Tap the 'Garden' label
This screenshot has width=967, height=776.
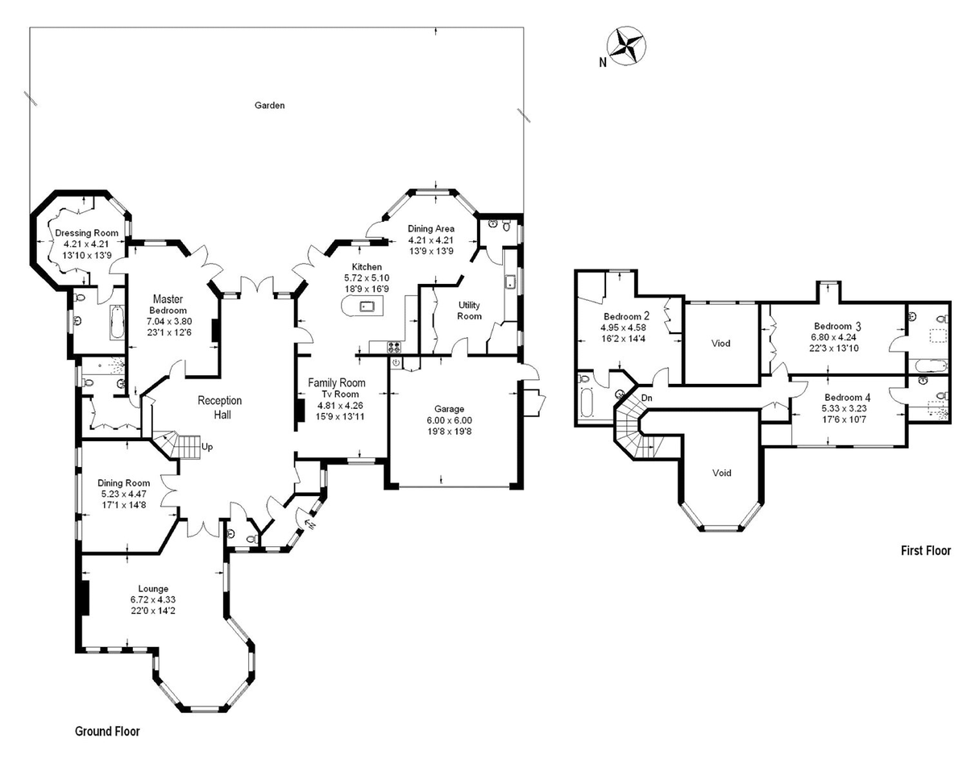(x=270, y=106)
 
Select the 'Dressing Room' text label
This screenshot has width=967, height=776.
(x=86, y=233)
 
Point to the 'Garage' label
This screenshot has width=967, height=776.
(x=450, y=409)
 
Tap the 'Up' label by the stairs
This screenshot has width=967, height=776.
(x=208, y=446)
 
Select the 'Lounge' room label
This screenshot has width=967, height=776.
(x=152, y=588)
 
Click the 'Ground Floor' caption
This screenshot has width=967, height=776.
(x=107, y=732)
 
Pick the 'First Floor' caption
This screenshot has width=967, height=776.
(x=926, y=551)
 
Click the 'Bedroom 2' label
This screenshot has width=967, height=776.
(x=625, y=316)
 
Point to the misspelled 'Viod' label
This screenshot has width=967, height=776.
(x=721, y=344)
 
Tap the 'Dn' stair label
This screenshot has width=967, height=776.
(x=646, y=399)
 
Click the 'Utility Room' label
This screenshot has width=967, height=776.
(x=470, y=311)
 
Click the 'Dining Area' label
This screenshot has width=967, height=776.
(x=431, y=229)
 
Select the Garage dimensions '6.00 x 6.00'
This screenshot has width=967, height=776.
(x=450, y=420)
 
